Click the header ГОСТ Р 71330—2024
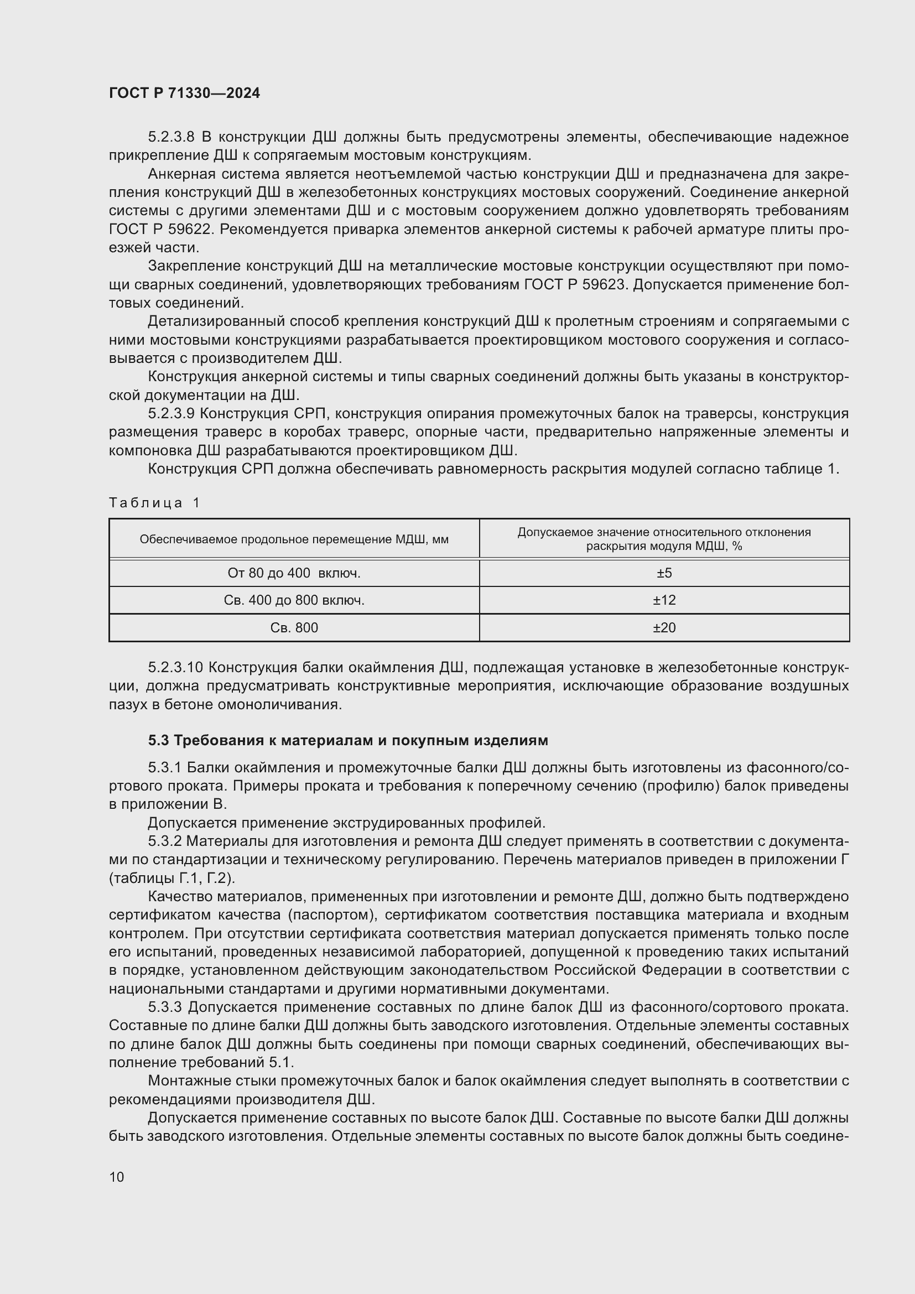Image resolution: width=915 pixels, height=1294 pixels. [x=184, y=93]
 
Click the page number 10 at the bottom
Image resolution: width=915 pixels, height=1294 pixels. [x=117, y=1177]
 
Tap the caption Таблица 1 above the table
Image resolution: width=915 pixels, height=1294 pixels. [x=154, y=503]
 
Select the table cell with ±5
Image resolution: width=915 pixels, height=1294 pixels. [x=664, y=573]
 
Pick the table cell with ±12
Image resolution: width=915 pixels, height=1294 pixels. [x=664, y=600]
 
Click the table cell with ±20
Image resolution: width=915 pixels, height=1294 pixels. [x=664, y=628]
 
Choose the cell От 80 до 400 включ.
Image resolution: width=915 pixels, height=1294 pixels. [x=294, y=573]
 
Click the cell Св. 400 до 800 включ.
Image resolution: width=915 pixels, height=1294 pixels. [x=294, y=600]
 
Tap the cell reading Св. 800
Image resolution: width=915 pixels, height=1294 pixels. [x=294, y=628]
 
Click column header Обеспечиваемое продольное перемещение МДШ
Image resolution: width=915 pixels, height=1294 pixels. [x=294, y=539]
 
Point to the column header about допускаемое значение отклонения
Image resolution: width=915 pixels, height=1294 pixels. [x=664, y=539]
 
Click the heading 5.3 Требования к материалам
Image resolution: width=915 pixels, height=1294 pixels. [x=347, y=740]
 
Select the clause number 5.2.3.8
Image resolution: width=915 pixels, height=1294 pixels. [x=171, y=137]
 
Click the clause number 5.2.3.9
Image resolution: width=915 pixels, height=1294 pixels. [x=171, y=414]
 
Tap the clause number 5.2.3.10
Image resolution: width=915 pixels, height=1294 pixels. [x=175, y=668]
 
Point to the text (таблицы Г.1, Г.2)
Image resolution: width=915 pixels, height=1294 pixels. [x=172, y=878]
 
